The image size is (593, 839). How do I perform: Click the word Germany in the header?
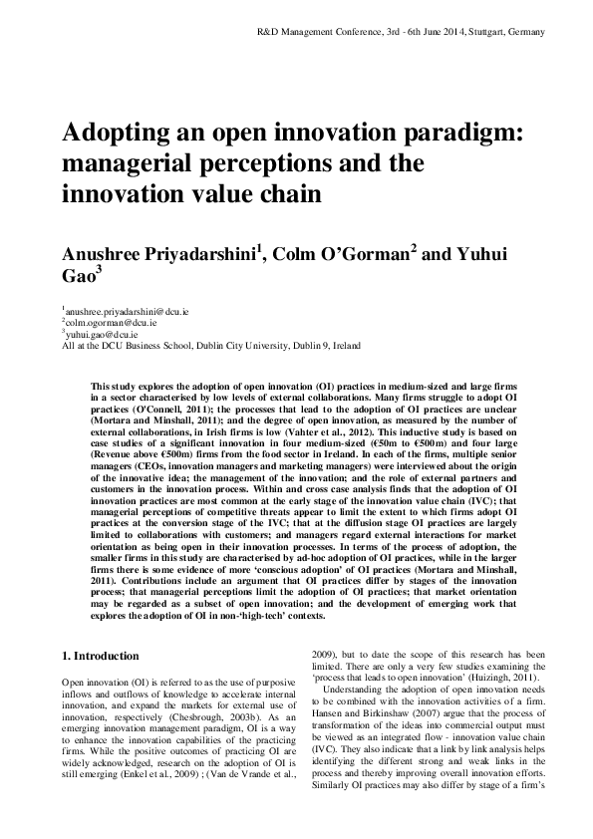click(527, 32)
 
